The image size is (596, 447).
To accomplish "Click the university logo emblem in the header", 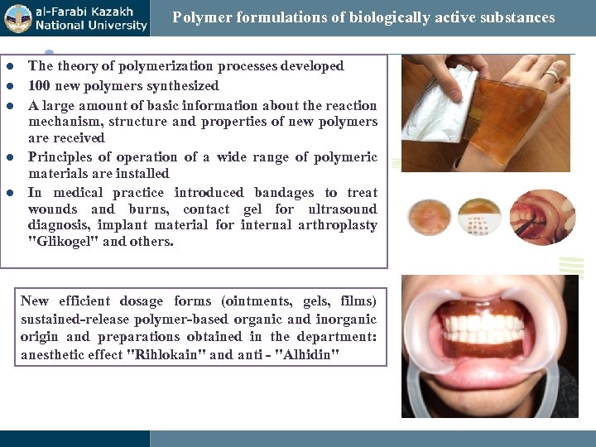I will tap(17, 18).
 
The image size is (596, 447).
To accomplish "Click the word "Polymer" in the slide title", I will tap(198, 17).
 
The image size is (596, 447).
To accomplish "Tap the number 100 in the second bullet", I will tap(39, 85).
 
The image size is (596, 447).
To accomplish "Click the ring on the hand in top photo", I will tap(551, 75).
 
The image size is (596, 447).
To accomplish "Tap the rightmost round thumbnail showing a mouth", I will tap(541, 217).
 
